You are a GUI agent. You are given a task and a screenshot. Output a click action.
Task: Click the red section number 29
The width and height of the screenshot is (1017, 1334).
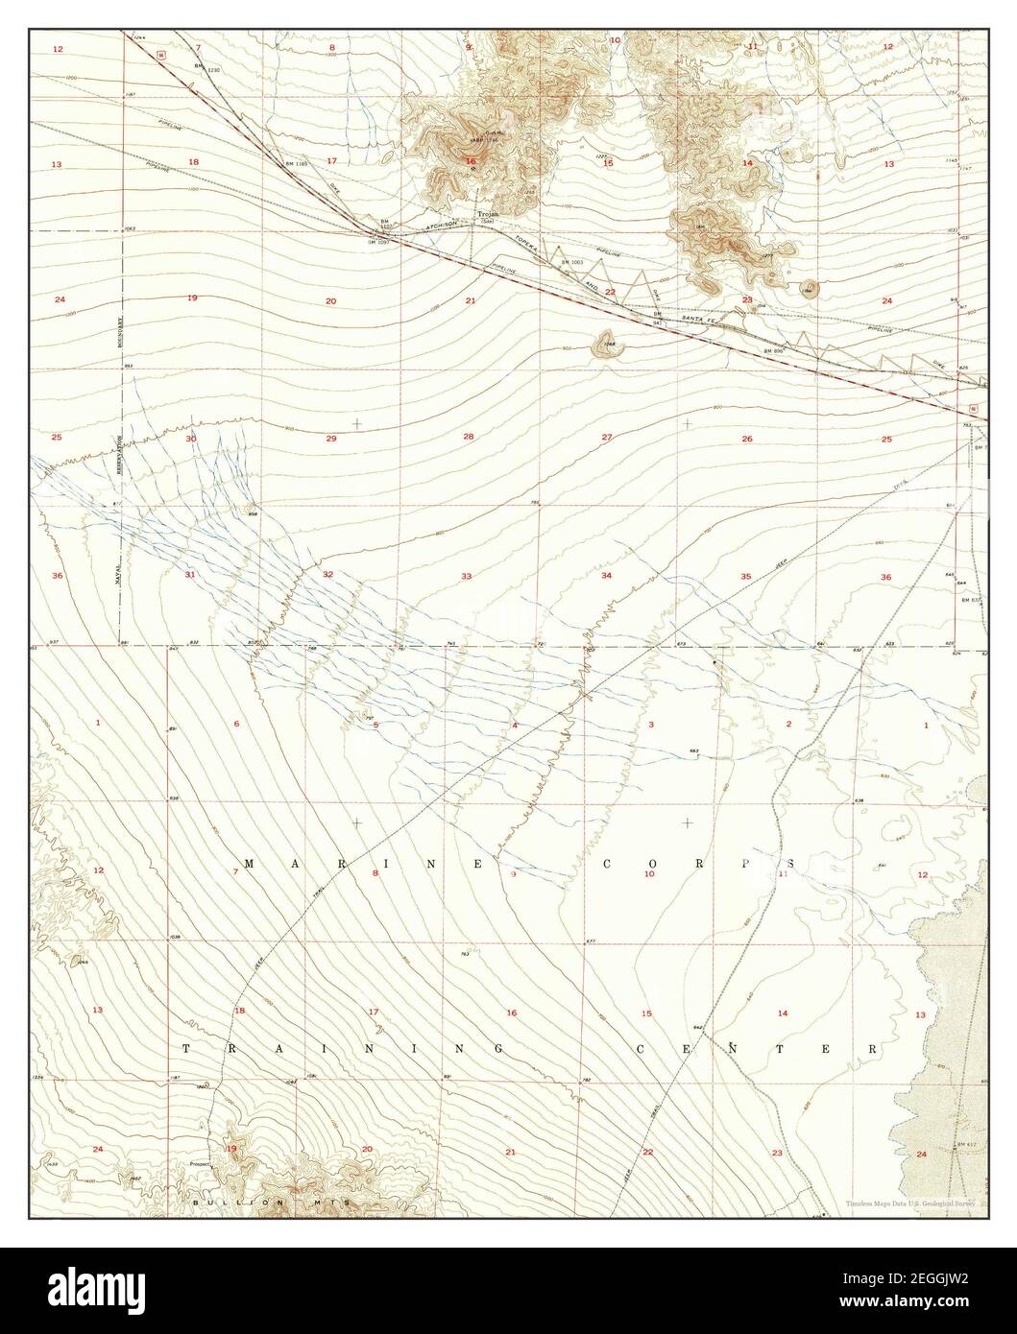tap(330, 439)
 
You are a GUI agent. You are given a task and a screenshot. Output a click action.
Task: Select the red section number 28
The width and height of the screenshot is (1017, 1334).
tap(469, 437)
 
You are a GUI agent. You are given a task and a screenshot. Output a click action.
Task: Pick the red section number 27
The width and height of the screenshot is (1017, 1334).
tap(607, 437)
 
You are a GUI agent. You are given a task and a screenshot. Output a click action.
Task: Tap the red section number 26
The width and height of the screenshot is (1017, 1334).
tap(746, 439)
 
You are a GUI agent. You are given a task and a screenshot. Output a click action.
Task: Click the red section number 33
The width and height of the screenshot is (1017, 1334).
tap(466, 576)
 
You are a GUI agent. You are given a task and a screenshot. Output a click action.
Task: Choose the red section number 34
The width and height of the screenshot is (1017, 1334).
tap(606, 576)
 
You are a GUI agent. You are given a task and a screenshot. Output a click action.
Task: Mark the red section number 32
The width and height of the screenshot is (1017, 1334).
tap(327, 574)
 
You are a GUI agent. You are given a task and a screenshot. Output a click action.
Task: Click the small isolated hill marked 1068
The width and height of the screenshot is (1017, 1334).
tap(607, 342)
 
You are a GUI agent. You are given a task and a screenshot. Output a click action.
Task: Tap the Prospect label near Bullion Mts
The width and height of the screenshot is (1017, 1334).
tap(199, 1164)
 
